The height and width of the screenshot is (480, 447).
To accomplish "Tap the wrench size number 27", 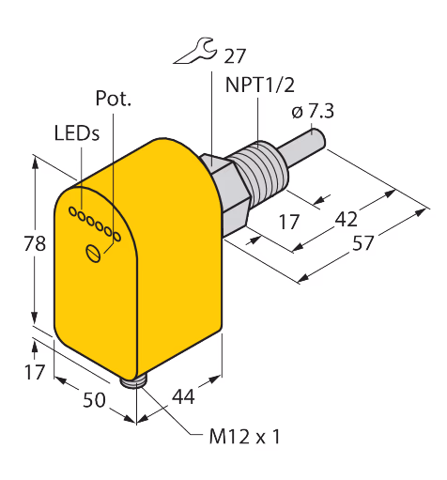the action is pyautogui.click(x=235, y=56).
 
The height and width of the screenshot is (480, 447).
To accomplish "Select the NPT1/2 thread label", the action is pyautogui.click(x=260, y=85).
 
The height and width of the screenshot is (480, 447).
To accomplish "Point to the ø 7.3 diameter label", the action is pyautogui.click(x=313, y=112).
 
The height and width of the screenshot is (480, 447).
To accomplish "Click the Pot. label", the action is pyautogui.click(x=113, y=99).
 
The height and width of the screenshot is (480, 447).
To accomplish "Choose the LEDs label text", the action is pyautogui.click(x=77, y=132).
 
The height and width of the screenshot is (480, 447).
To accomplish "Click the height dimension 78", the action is pyautogui.click(x=35, y=243).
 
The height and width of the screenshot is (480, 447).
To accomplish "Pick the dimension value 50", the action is pyautogui.click(x=94, y=400).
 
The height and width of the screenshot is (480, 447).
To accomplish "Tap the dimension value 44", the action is pyautogui.click(x=183, y=396).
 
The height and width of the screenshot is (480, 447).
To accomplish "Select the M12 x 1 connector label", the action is pyautogui.click(x=244, y=436).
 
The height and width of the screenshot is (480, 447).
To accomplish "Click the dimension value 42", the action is pyautogui.click(x=346, y=219).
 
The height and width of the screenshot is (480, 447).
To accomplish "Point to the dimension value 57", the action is pyautogui.click(x=363, y=243).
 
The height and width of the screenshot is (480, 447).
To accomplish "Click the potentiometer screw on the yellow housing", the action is pyautogui.click(x=93, y=253).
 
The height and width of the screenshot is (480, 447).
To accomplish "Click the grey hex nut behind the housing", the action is pyautogui.click(x=226, y=195).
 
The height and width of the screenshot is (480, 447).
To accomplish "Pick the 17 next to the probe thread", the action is pyautogui.click(x=288, y=222).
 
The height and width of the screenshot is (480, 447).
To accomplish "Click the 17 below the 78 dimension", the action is pyautogui.click(x=35, y=372).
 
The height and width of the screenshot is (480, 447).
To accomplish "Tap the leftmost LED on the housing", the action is pyautogui.click(x=72, y=212).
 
